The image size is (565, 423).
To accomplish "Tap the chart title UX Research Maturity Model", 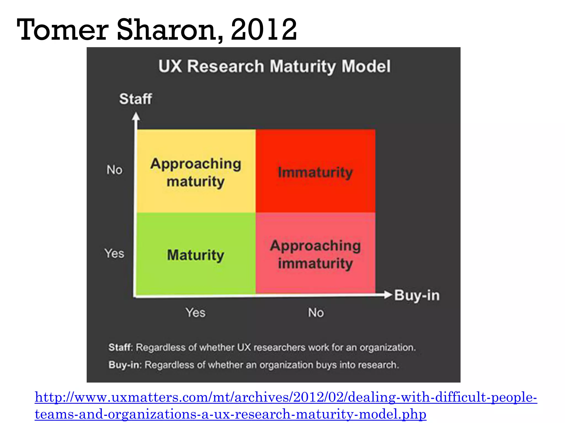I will pos(274,66).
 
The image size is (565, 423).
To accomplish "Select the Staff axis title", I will pos(135,99).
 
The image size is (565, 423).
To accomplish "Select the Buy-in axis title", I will pos(417,295).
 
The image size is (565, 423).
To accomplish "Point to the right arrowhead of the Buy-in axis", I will pos(388,295).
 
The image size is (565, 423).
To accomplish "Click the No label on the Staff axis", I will pos(114,170).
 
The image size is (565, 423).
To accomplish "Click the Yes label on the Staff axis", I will pos(114,253).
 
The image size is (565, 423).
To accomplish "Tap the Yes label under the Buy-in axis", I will pos(195,313).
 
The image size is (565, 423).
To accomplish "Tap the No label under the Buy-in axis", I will pos(316,313).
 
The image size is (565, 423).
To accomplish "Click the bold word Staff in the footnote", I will pos(120,348).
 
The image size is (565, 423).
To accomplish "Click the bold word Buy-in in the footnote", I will pos(124,365).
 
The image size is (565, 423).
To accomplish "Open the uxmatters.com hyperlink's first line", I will pos(286,397).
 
